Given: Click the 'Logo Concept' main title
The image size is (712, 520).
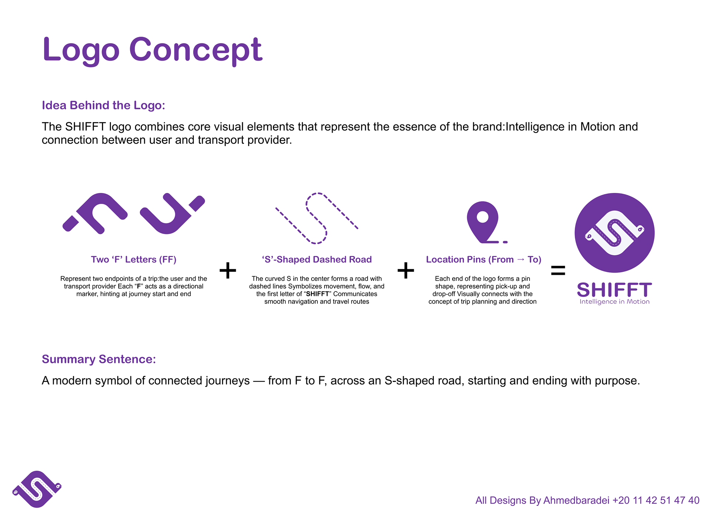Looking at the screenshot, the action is click(x=152, y=50).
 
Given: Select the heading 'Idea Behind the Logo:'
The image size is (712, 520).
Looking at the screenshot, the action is click(x=103, y=105).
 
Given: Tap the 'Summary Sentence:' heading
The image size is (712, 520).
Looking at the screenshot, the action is click(x=99, y=359).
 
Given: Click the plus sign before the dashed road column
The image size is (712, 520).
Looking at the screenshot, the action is click(x=228, y=270).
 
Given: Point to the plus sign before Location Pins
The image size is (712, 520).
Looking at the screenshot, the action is click(x=406, y=270).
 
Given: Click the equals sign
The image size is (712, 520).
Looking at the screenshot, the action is click(x=558, y=270).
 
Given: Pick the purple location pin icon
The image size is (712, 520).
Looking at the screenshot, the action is click(x=482, y=220).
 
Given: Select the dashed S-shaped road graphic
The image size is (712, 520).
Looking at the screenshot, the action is click(x=316, y=219).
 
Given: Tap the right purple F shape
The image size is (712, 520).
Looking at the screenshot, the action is click(x=172, y=214).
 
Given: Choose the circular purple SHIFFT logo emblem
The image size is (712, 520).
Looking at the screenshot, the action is click(x=614, y=233).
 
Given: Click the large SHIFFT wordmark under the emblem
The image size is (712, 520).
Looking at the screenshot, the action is click(x=614, y=290).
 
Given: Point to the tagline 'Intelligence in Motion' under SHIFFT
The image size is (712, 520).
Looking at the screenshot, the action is click(x=614, y=302).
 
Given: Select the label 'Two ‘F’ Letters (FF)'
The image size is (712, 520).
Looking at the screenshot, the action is click(x=133, y=260).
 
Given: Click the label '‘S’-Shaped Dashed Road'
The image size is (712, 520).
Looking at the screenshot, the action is click(x=317, y=260).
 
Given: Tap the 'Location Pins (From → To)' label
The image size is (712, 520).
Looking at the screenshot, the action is click(x=484, y=260).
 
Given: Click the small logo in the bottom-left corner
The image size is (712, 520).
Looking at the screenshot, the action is click(x=37, y=489).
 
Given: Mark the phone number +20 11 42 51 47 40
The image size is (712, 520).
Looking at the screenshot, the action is click(x=656, y=500).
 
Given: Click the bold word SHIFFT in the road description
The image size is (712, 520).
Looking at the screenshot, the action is click(x=317, y=294).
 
